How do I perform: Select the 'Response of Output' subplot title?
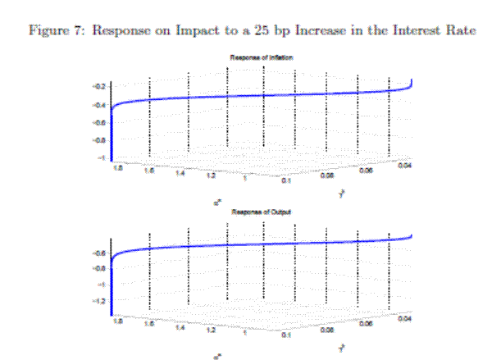coord(262,212)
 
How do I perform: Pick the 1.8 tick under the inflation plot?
coord(120,166)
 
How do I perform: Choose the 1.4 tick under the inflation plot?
coord(184,173)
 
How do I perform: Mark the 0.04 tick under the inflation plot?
coord(403,166)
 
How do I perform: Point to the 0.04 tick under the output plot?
coord(403,321)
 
